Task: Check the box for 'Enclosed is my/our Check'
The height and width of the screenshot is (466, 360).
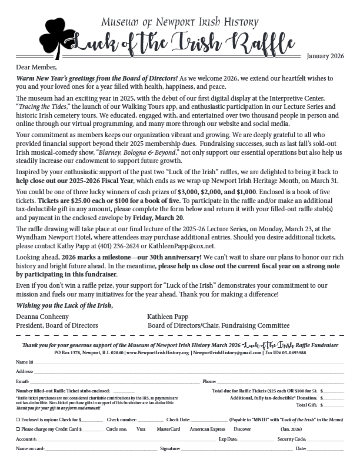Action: [x=18, y=420]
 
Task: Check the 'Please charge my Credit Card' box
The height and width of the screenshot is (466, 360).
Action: [x=18, y=429]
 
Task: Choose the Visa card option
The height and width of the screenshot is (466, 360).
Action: [x=141, y=429]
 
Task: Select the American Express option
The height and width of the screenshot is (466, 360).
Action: [x=207, y=429]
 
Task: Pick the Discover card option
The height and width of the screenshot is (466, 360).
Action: [x=242, y=429]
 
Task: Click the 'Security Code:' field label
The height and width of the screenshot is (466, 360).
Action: [x=291, y=439]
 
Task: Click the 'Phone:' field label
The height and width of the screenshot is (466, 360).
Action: [x=209, y=381]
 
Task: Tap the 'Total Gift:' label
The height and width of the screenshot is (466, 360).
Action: [x=306, y=405]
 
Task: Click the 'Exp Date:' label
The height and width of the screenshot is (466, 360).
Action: [x=228, y=439]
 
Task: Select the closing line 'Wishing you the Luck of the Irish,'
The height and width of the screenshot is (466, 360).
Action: [x=64, y=304]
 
